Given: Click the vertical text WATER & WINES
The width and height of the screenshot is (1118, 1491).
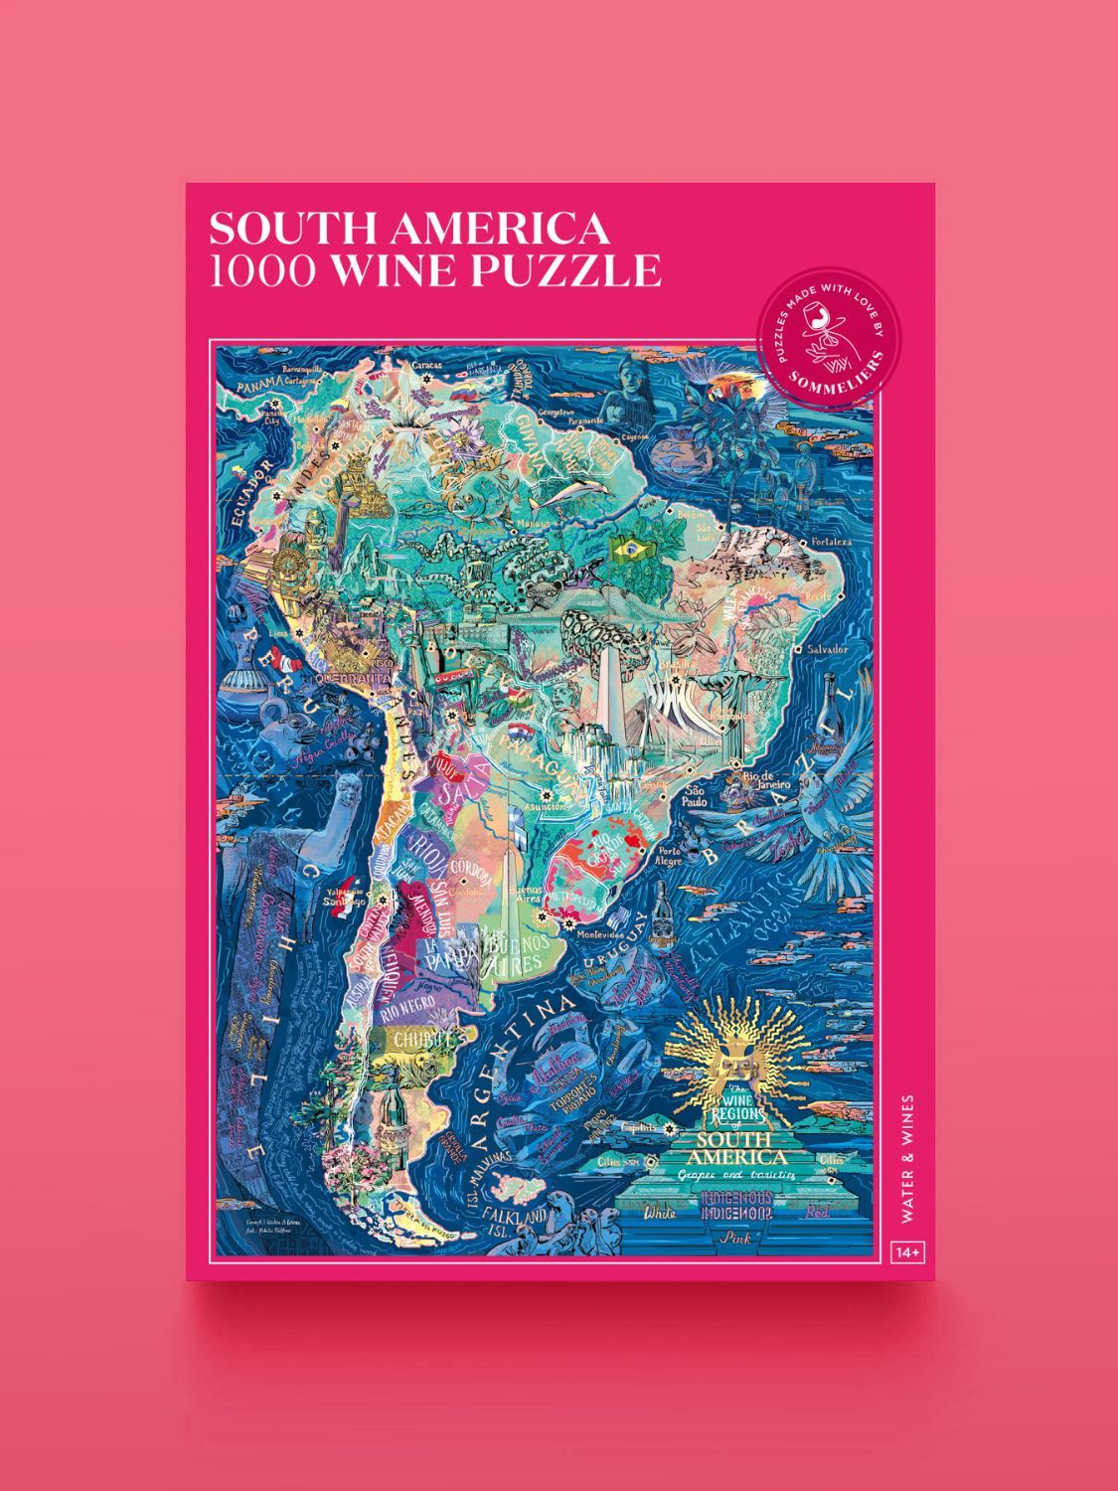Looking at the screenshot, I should point(908,1158).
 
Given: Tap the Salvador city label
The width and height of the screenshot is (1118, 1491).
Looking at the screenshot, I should point(829,649).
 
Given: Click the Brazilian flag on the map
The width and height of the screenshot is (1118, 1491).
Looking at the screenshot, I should point(629,547).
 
